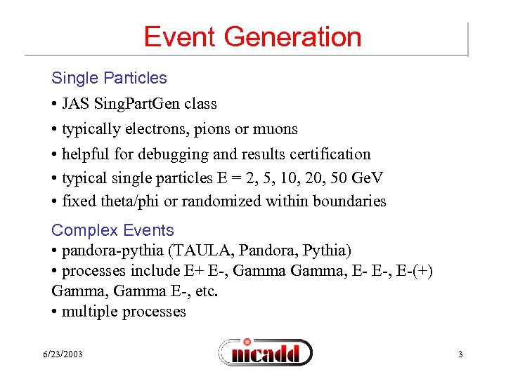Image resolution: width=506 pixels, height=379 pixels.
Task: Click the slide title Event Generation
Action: click(252, 36)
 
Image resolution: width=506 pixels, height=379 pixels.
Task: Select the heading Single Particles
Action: click(109, 78)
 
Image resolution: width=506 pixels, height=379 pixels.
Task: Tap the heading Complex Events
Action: click(112, 230)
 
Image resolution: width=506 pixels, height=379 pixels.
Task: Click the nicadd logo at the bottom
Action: click(265, 352)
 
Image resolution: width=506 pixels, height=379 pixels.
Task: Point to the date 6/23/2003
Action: click(62, 354)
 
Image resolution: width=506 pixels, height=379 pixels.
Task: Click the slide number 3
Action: click(460, 354)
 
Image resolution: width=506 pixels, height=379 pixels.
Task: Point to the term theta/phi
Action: click(129, 201)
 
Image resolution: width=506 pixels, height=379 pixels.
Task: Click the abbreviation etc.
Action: click(205, 291)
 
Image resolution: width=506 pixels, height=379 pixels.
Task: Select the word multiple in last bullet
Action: click(88, 311)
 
